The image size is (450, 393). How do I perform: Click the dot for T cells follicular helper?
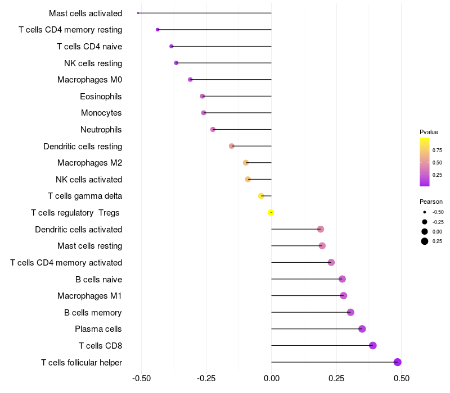click(x=397, y=362)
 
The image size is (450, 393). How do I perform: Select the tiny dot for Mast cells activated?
click(x=138, y=13)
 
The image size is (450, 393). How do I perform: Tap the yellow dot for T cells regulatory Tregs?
click(x=271, y=213)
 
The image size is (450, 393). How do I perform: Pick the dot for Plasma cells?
click(x=362, y=329)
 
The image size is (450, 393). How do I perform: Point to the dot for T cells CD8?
click(x=372, y=345)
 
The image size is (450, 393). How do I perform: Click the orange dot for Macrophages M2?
click(x=246, y=163)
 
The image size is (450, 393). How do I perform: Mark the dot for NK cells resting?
click(x=176, y=63)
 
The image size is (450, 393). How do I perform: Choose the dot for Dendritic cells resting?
click(x=232, y=146)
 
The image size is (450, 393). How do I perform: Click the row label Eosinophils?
click(x=101, y=97)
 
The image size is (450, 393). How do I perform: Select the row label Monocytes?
click(x=101, y=113)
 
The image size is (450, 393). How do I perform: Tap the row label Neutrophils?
click(x=101, y=130)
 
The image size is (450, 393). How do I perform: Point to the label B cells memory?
click(x=93, y=313)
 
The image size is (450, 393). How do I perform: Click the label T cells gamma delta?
click(x=85, y=196)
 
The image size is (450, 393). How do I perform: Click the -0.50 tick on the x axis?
click(x=141, y=379)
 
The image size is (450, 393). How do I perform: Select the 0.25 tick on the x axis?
click(x=336, y=379)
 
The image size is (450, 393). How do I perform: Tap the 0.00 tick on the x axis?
click(x=272, y=379)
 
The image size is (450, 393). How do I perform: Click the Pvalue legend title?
click(x=429, y=132)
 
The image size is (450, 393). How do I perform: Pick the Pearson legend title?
click(x=431, y=202)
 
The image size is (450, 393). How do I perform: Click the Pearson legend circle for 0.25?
click(x=425, y=241)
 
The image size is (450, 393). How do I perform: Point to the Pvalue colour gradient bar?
click(x=425, y=162)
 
